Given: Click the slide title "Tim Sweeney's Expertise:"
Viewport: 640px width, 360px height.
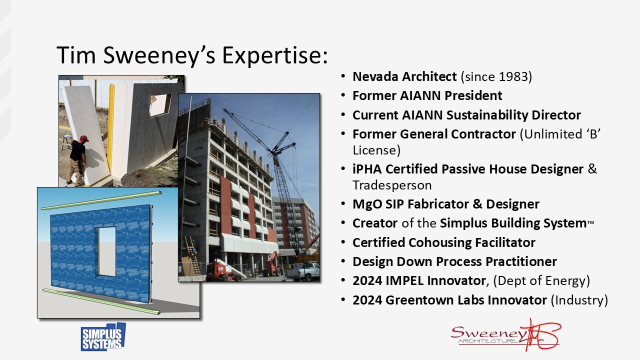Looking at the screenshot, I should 192,55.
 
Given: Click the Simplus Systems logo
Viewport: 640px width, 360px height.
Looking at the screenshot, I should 103,337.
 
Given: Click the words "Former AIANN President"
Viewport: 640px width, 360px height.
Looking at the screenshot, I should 427,95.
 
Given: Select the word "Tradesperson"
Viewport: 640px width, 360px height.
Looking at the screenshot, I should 391,185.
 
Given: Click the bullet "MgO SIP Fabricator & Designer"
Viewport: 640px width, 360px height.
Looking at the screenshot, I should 445,204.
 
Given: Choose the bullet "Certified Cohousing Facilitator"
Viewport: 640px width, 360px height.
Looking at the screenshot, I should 443,242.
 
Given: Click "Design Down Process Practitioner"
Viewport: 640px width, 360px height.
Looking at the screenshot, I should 454,261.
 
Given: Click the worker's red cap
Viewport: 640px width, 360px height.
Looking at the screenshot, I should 83,138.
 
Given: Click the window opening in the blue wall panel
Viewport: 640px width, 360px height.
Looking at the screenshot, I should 106,251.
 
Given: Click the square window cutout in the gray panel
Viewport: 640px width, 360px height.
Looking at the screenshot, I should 160,104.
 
